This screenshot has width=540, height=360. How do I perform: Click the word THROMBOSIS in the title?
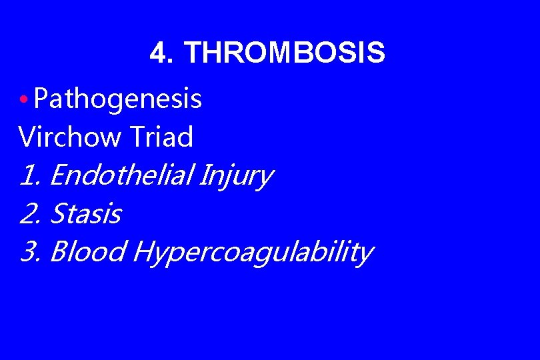point(284,53)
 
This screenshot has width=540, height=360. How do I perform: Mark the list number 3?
point(31,253)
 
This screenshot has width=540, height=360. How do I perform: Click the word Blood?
point(88,253)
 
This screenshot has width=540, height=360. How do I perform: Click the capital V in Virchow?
point(27,137)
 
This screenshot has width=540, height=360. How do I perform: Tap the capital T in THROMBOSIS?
point(191,53)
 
